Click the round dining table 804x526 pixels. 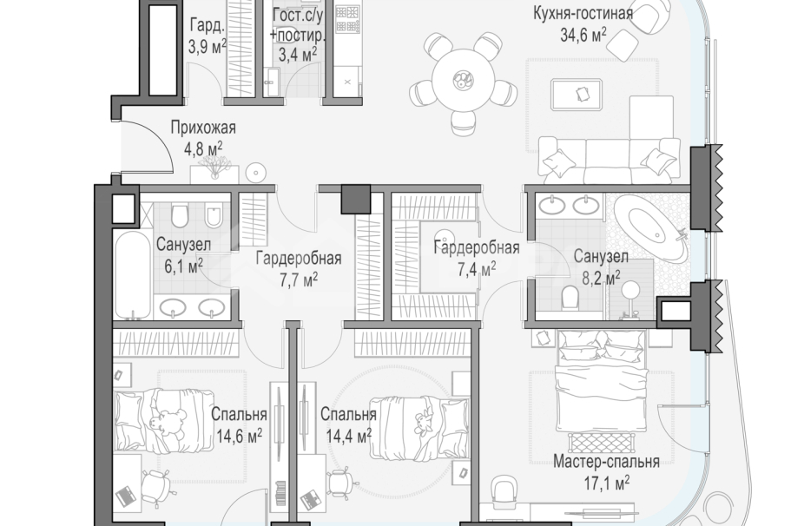(x=463, y=80)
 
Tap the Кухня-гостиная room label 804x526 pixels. (x=583, y=13)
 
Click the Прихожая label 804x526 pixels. (x=203, y=127)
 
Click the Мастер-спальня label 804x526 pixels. (x=606, y=462)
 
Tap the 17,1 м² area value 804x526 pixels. (x=607, y=483)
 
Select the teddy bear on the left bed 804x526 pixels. (x=166, y=422)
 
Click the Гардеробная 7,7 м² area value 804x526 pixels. (x=299, y=279)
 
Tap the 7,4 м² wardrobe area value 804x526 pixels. (x=477, y=268)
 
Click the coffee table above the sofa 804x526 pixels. (x=577, y=95)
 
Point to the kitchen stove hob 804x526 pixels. (x=347, y=18)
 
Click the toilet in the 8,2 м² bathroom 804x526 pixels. (x=570, y=297)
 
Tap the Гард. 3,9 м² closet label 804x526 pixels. (x=208, y=36)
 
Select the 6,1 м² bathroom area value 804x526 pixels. (x=183, y=266)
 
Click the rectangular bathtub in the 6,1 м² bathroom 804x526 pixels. (x=133, y=275)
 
